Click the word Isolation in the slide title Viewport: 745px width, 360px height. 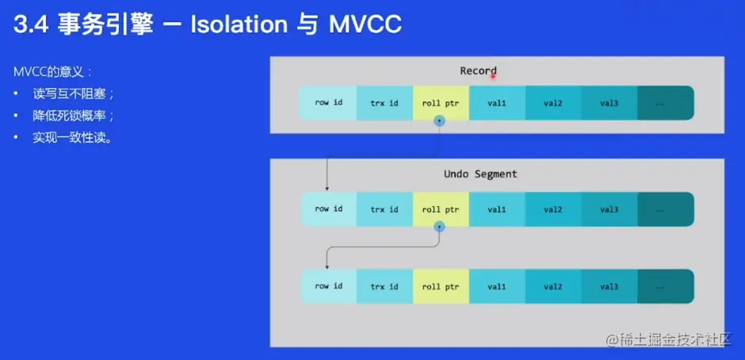[239, 25]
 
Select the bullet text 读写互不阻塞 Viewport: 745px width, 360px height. [73, 94]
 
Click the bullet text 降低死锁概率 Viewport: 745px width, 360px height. [73, 115]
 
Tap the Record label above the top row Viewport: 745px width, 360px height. [478, 71]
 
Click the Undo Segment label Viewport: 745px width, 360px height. [480, 174]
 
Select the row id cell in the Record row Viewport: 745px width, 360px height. [328, 103]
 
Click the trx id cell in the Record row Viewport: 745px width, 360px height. [384, 103]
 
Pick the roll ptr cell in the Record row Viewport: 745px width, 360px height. [441, 103]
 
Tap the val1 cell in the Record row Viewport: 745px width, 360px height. [497, 103]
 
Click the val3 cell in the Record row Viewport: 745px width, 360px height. [609, 103]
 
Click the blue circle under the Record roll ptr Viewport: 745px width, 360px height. [440, 121]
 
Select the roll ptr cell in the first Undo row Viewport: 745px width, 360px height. [441, 209]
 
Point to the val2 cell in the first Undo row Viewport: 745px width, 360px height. [552, 209]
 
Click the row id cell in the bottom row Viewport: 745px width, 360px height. [328, 286]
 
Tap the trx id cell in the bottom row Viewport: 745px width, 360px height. [384, 286]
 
